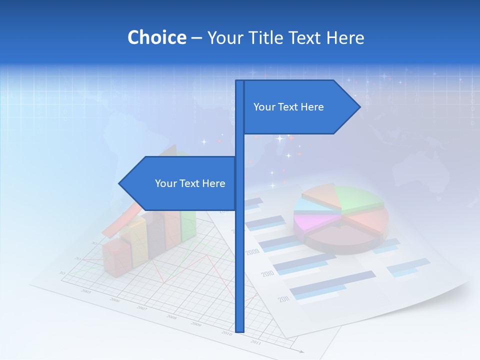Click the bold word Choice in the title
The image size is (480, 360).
coord(156,37)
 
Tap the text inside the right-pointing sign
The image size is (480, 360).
coord(288,107)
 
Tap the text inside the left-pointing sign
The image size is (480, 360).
coord(190,183)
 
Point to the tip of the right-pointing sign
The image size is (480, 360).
coord(359,106)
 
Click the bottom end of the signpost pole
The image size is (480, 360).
coord(240,330)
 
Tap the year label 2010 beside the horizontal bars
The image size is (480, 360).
coord(267,273)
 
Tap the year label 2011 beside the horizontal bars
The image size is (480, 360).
coord(283,299)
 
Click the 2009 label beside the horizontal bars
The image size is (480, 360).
coord(252,251)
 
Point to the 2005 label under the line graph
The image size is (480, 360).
coord(86,291)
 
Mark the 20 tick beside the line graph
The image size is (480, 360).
coord(77,258)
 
